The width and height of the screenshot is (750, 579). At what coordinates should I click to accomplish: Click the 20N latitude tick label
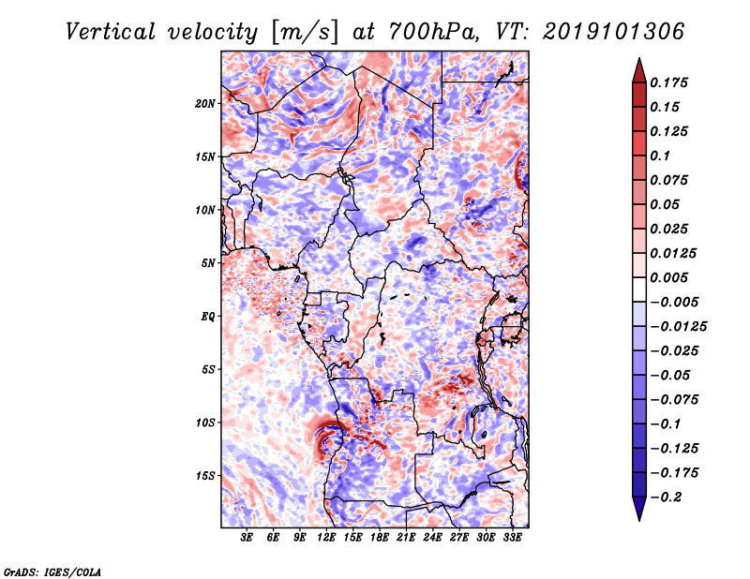pos(205,103)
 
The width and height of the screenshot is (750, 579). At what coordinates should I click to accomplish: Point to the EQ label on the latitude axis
pos(208,317)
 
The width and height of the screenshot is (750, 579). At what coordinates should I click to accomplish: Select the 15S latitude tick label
pos(205,476)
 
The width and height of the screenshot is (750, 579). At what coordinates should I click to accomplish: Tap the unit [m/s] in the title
pos(299,31)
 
